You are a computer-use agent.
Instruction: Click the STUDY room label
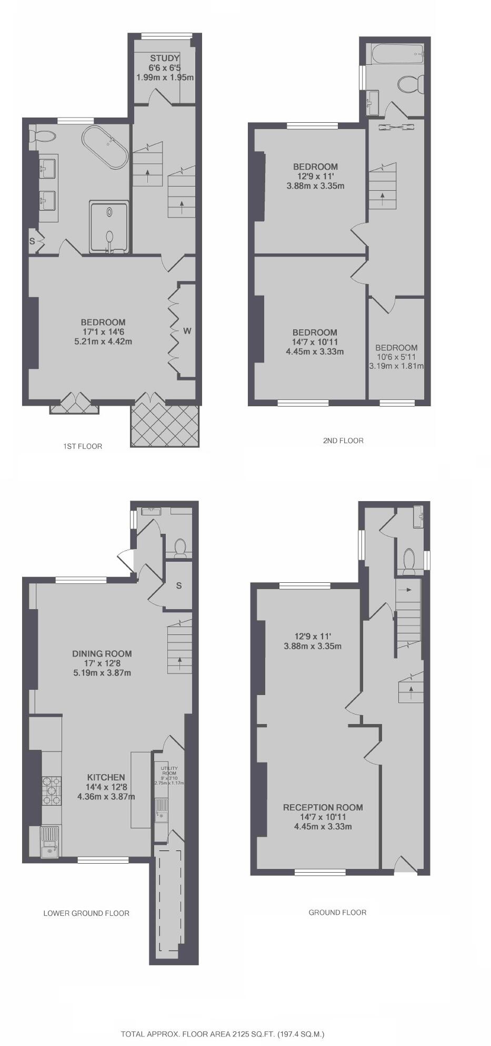tap(165, 58)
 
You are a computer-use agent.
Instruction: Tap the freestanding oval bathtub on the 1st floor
tap(105, 146)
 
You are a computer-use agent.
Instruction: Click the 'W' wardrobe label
tap(187, 331)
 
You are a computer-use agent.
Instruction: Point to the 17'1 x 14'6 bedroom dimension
tap(103, 331)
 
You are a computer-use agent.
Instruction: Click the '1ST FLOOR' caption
tap(82, 446)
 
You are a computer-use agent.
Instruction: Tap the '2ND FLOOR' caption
tap(343, 441)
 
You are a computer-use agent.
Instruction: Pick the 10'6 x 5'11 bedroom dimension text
tap(396, 357)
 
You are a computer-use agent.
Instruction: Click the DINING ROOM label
tap(102, 653)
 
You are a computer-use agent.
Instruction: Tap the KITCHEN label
tap(106, 777)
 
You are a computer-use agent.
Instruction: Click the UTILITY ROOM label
tap(169, 771)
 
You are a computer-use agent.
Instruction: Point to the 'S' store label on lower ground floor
tap(179, 586)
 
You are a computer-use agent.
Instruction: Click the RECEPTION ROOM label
tap(323, 807)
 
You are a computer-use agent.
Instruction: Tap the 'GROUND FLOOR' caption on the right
tap(337, 912)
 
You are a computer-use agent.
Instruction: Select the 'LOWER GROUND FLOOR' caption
tap(86, 913)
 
